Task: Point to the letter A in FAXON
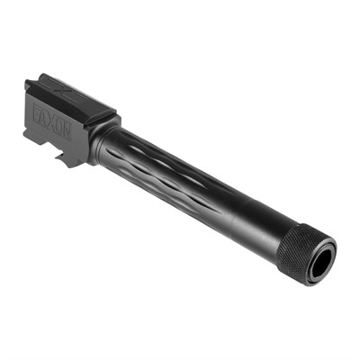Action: coord(46,118)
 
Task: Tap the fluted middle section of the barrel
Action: coord(162,171)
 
